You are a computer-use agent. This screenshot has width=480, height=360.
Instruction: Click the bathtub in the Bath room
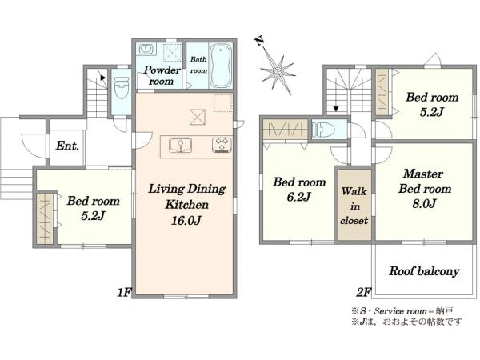click(222, 66)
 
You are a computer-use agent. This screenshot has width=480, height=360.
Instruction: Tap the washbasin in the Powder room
click(146, 49)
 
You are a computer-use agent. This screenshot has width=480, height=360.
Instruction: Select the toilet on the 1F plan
click(122, 87)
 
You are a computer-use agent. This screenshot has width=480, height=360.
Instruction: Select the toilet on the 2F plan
click(323, 130)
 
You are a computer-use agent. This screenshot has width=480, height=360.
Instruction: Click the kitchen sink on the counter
click(181, 145)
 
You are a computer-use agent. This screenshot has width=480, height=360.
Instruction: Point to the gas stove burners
click(222, 145)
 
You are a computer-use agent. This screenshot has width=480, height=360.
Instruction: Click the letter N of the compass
click(260, 42)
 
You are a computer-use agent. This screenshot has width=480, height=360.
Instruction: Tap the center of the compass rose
click(278, 73)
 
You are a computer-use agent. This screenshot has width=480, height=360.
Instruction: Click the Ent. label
click(67, 146)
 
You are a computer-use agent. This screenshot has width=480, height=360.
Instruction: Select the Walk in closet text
click(354, 206)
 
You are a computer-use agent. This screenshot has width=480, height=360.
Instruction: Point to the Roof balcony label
click(424, 271)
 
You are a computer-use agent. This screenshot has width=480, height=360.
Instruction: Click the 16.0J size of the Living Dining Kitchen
click(186, 220)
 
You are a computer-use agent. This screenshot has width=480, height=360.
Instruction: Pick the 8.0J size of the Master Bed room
click(424, 203)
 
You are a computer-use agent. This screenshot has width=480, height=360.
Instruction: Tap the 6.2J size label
click(298, 197)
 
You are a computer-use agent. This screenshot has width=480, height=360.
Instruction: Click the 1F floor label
click(124, 293)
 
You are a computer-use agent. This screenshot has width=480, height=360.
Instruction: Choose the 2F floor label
click(363, 293)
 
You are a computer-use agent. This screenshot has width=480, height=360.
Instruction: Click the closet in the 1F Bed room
click(45, 218)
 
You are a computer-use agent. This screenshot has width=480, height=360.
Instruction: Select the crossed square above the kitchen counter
click(198, 117)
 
